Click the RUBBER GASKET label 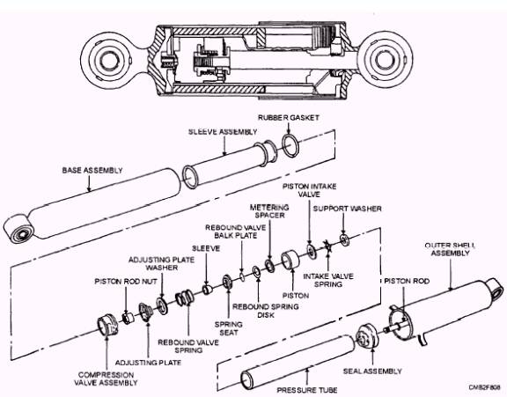coord(289,117)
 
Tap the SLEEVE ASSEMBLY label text coord(223,132)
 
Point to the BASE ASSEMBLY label coord(92,171)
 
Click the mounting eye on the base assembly coord(18,229)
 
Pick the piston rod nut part coord(128,317)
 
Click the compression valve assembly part coord(108,326)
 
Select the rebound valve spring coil coord(184,298)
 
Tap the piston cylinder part coord(290,260)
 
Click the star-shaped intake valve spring coord(327,246)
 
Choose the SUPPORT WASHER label coord(348,209)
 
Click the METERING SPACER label coord(269,211)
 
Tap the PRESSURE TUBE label coord(307,390)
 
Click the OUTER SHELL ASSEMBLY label coord(450,249)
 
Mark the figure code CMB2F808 coord(484,386)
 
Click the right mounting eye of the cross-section coord(385,60)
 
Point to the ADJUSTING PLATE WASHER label coord(161,263)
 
